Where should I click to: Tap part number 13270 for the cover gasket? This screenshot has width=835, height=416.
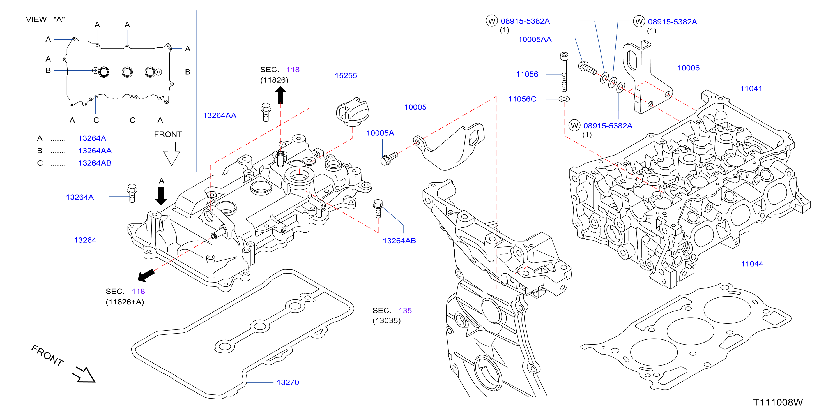(x=287, y=382)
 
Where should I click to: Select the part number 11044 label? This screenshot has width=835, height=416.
(x=752, y=264)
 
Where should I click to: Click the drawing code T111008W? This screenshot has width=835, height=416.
(x=778, y=402)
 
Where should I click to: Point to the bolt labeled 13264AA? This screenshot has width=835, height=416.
(x=266, y=112)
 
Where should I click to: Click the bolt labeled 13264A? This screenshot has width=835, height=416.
(x=132, y=193)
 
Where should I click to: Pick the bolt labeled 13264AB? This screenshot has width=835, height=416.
(x=378, y=208)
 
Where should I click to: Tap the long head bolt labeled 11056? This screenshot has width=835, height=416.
(x=564, y=72)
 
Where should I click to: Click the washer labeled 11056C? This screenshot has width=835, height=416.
(x=564, y=99)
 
